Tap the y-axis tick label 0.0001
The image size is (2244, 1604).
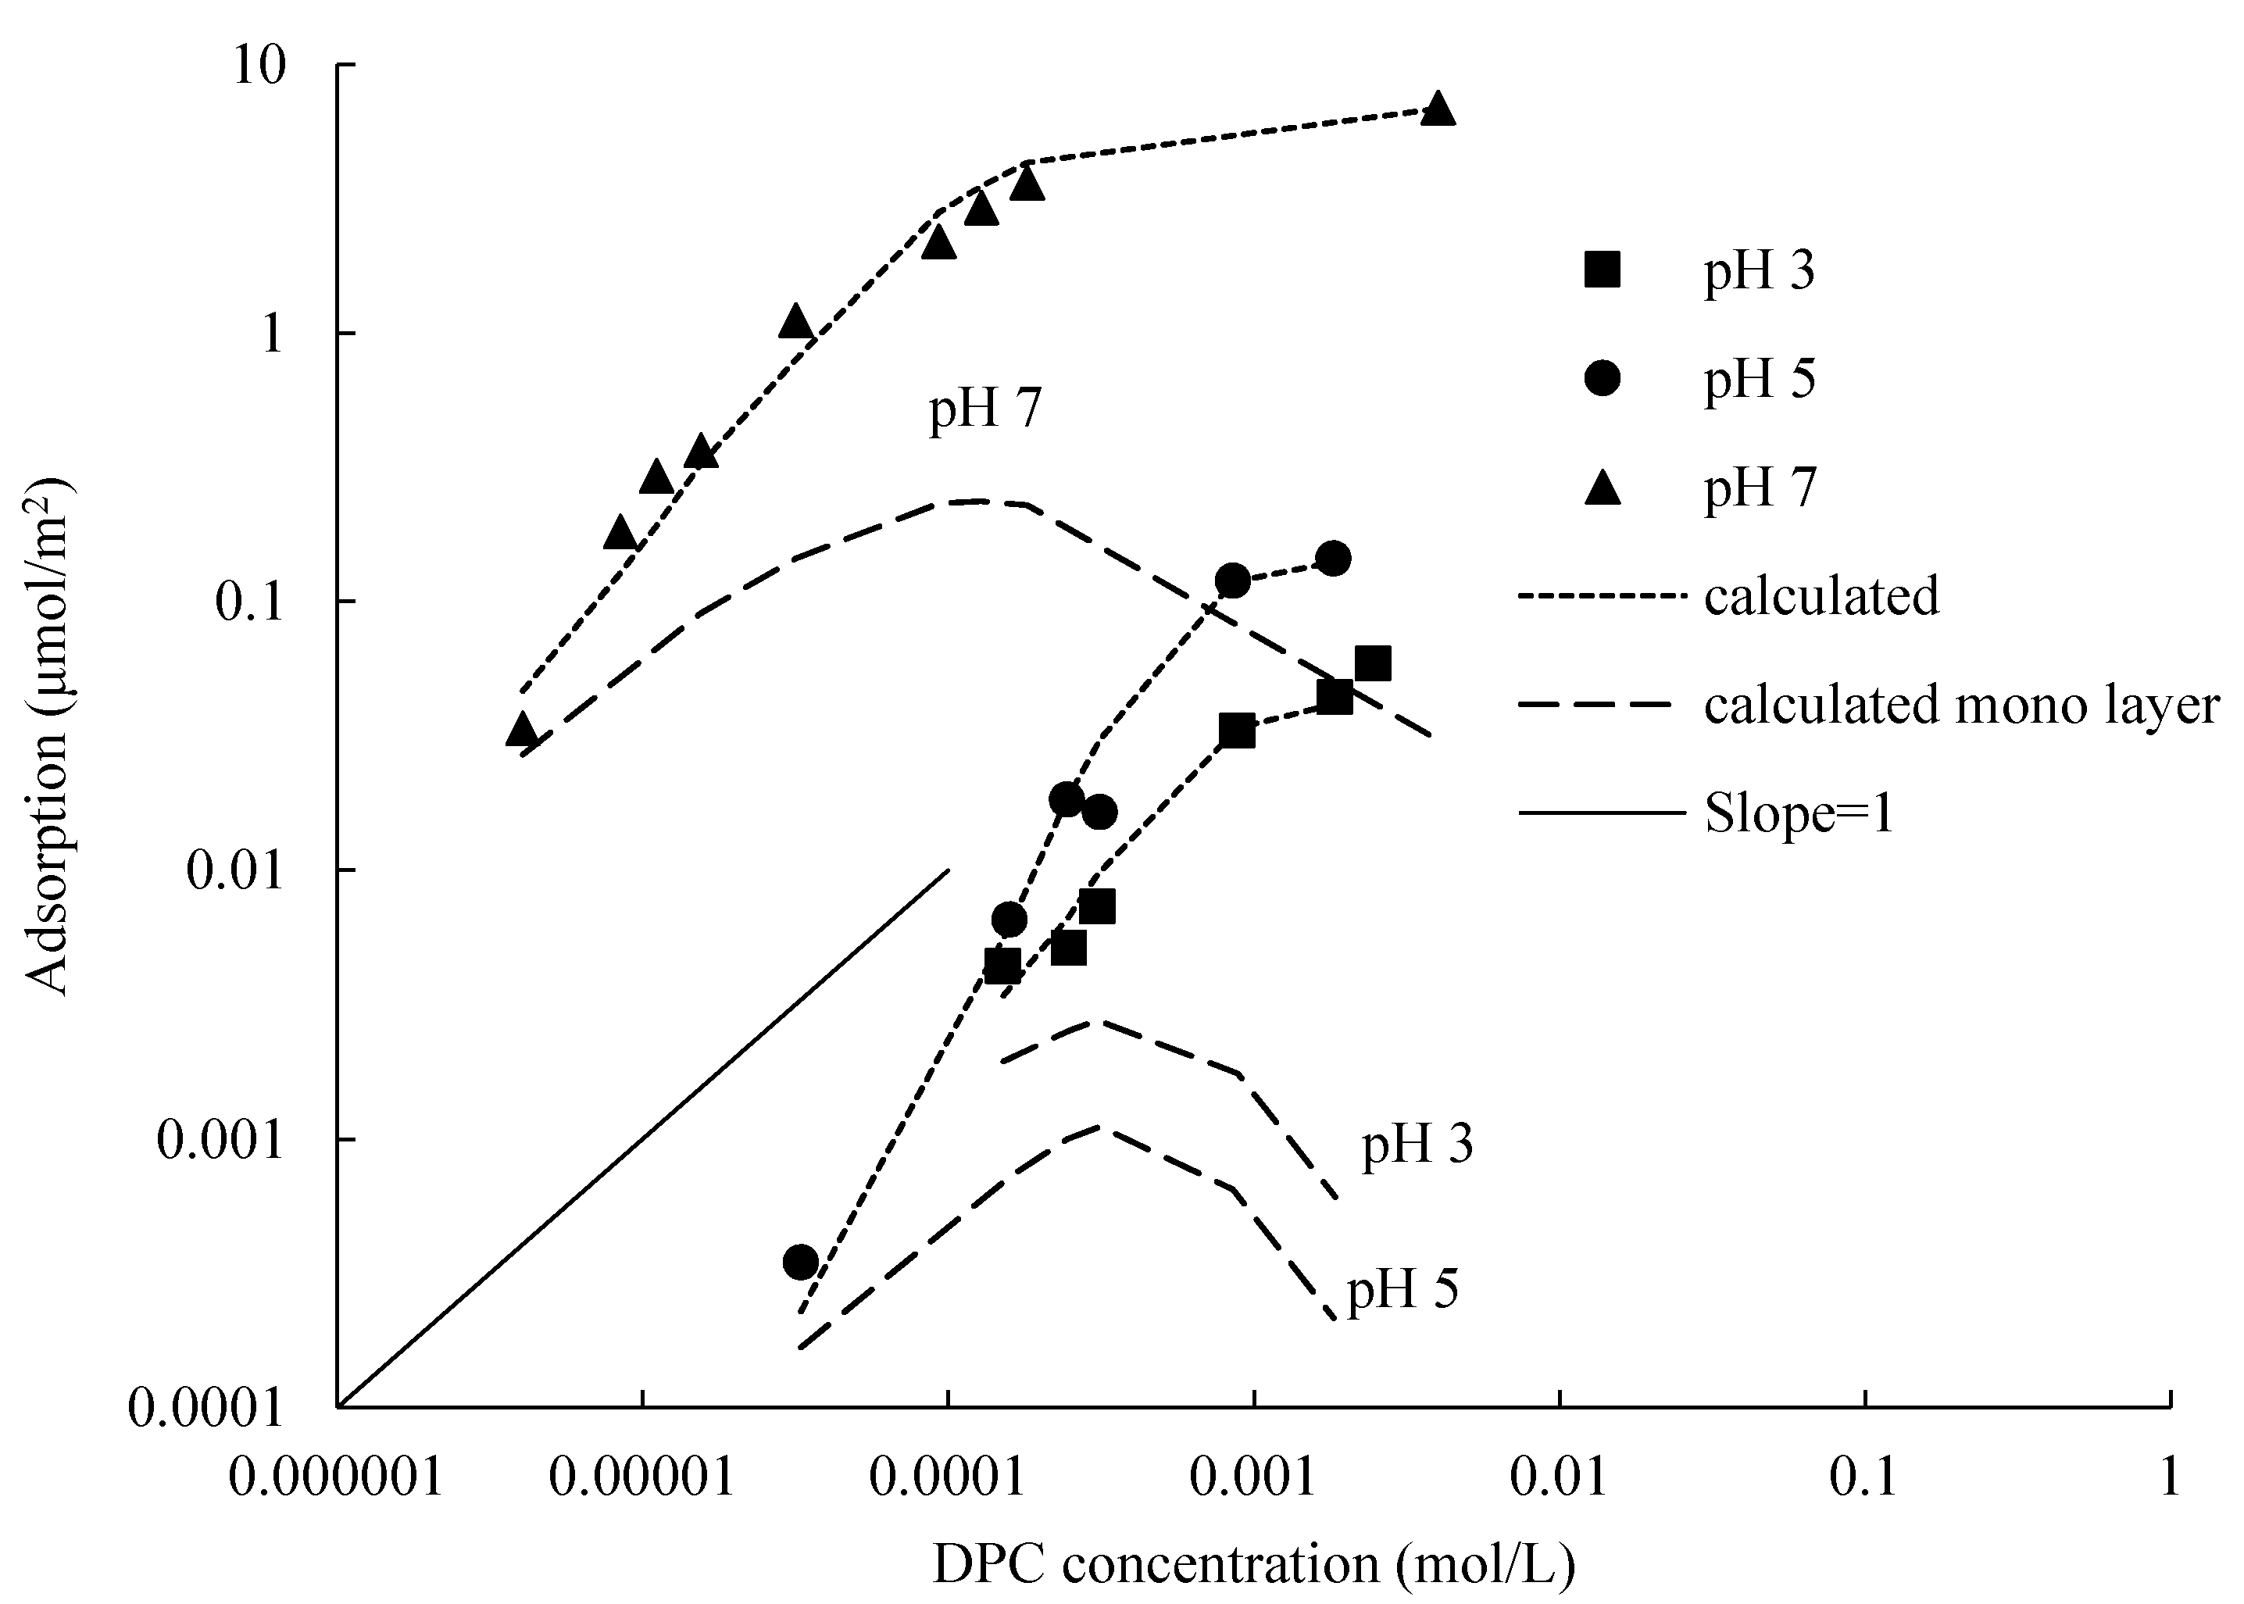[x=205, y=1409]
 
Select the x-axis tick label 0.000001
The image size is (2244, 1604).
[x=336, y=1478]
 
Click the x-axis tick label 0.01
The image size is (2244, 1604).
[x=1559, y=1478]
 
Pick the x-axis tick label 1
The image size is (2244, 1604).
[x=2169, y=1478]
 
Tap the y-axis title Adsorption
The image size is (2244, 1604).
[x=48, y=736]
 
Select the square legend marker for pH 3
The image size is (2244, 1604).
[x=1602, y=270]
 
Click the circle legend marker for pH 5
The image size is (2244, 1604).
[x=1602, y=378]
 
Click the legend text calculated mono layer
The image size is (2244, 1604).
[x=1960, y=706]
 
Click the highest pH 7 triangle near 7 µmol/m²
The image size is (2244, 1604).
[x=1438, y=109]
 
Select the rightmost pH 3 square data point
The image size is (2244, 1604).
[x=1373, y=664]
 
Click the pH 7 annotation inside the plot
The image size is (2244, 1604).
[x=984, y=408]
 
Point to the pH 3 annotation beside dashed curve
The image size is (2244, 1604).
[x=1417, y=1145]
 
